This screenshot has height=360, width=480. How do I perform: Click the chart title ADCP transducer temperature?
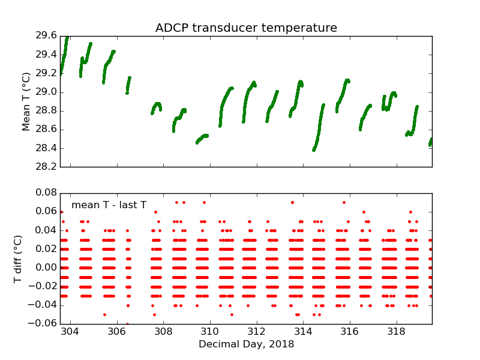(246, 28)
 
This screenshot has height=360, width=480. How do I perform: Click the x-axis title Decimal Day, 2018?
(246, 344)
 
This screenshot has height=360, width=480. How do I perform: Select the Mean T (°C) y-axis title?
(26, 101)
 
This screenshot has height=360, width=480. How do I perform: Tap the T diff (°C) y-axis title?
(18, 259)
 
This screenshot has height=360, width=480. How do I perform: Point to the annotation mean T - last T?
(109, 205)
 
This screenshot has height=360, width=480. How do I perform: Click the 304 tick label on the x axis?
(71, 332)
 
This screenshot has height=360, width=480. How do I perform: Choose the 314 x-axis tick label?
(303, 332)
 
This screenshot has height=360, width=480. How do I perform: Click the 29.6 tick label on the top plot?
(46, 36)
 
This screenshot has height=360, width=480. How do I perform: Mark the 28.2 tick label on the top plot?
(46, 167)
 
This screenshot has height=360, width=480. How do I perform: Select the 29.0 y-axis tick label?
(46, 92)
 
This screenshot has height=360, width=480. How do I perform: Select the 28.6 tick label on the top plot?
(46, 130)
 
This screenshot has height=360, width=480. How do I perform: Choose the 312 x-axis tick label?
(257, 332)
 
